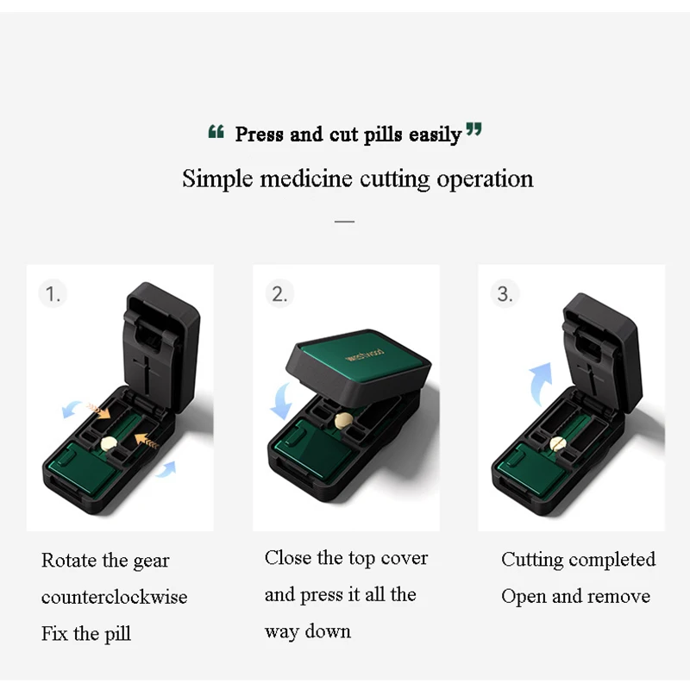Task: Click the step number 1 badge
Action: pos(53,294)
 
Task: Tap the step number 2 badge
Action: pos(279,294)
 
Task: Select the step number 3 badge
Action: pos(505,294)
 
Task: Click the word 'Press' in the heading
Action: pos(260,135)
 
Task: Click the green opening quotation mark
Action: pos(216,132)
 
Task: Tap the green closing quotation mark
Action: pos(474,130)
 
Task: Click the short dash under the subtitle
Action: pos(344,221)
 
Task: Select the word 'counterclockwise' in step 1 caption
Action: pos(114,597)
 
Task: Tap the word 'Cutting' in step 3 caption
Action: pos(533,560)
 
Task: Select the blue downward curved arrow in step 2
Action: pos(278,398)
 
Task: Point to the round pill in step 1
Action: pos(110,442)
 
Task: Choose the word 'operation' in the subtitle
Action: pos(484,179)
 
